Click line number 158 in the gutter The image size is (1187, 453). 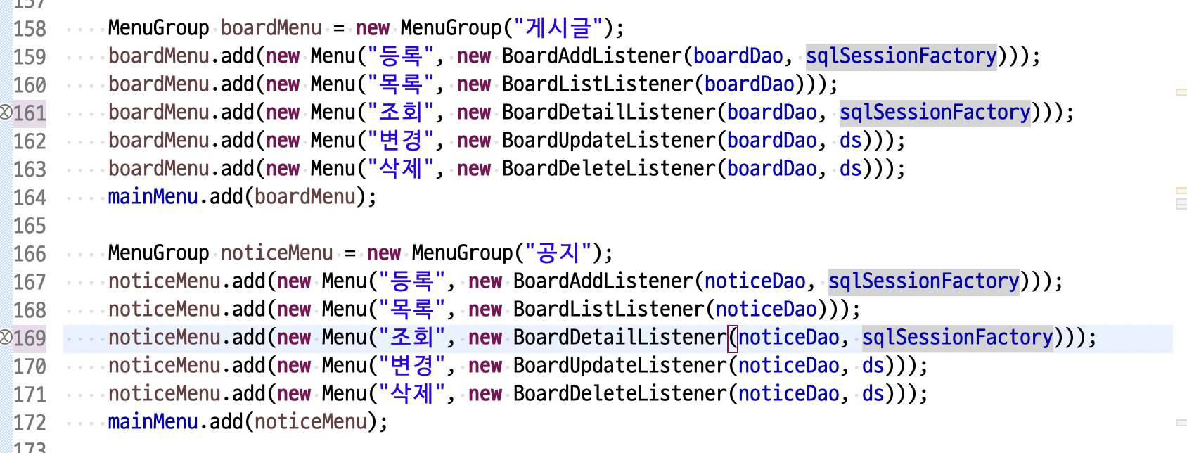click(x=30, y=29)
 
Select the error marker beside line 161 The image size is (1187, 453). click(x=6, y=113)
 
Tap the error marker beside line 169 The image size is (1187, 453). click(x=6, y=338)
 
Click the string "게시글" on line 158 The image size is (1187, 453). click(x=558, y=28)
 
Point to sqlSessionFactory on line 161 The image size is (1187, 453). click(x=935, y=113)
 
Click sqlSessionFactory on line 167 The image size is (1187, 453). click(x=923, y=281)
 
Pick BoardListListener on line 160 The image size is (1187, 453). click(x=598, y=84)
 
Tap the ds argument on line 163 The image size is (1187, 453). click(x=850, y=169)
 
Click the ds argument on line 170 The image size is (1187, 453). click(x=873, y=366)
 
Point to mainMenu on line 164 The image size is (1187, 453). click(x=153, y=197)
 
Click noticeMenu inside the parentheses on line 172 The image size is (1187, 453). click(x=311, y=422)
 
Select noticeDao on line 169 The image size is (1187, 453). click(x=788, y=338)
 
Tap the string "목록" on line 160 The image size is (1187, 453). click(x=401, y=84)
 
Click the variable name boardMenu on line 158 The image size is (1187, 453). click(x=271, y=28)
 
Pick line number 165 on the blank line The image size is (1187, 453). click(x=30, y=226)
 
